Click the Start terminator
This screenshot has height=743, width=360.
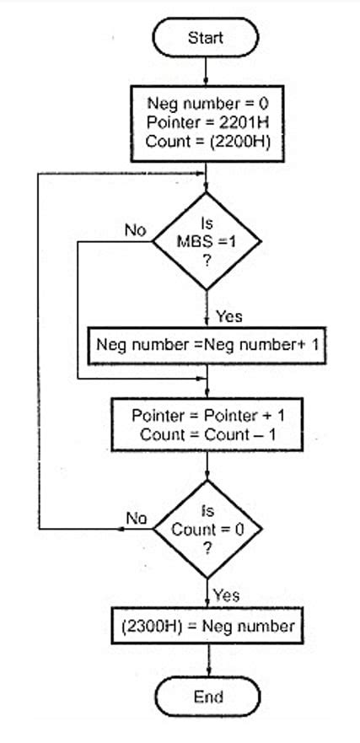(206, 38)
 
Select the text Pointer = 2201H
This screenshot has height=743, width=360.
(207, 123)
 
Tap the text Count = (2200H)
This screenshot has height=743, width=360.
(207, 141)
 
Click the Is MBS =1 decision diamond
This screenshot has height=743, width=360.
(207, 241)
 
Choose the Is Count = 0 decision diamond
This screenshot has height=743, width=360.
(207, 530)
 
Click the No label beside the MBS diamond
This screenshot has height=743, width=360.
(135, 229)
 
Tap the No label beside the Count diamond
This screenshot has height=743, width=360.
(136, 517)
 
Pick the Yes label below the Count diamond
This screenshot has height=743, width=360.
(226, 595)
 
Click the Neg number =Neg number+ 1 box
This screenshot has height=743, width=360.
(207, 345)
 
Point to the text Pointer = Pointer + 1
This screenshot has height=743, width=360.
(207, 416)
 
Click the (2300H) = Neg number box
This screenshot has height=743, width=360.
(207, 626)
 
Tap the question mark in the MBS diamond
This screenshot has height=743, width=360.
(207, 261)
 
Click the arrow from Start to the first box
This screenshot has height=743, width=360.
(207, 73)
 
